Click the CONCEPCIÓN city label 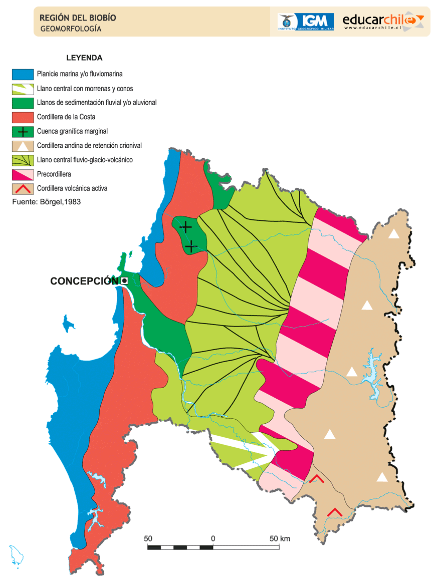pyautogui.click(x=84, y=281)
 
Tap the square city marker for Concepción pyautogui.click(x=124, y=280)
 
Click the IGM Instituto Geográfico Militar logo pyautogui.click(x=306, y=22)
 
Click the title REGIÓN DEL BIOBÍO pyautogui.click(x=78, y=18)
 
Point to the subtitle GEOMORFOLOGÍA pyautogui.click(x=71, y=29)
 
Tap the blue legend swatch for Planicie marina pyautogui.click(x=23, y=74)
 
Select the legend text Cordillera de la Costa pyautogui.click(x=66, y=117)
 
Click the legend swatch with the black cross pyautogui.click(x=23, y=132)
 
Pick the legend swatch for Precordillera pyautogui.click(x=23, y=175)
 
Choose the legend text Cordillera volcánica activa pyautogui.click(x=72, y=189)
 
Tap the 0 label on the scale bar pyautogui.click(x=213, y=539)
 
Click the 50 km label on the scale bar pyautogui.click(x=279, y=539)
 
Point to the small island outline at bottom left pyautogui.click(x=16, y=556)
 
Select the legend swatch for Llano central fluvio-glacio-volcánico pyautogui.click(x=23, y=160)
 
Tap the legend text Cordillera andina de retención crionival pyautogui.click(x=89, y=146)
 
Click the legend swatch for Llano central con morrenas pyautogui.click(x=23, y=89)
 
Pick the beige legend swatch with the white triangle pyautogui.click(x=23, y=146)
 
